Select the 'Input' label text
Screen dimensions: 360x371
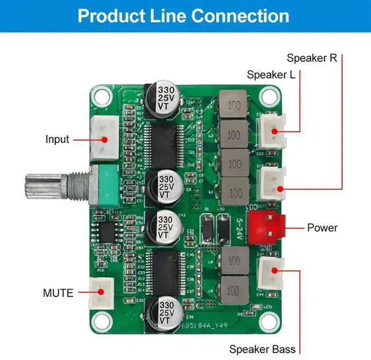tap(57, 139)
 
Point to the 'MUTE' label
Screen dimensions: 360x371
tap(59, 293)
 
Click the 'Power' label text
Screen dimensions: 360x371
tap(322, 227)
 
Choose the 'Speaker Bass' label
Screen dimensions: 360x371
tap(262, 349)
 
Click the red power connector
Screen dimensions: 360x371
tap(267, 227)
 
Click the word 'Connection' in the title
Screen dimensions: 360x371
tap(240, 15)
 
